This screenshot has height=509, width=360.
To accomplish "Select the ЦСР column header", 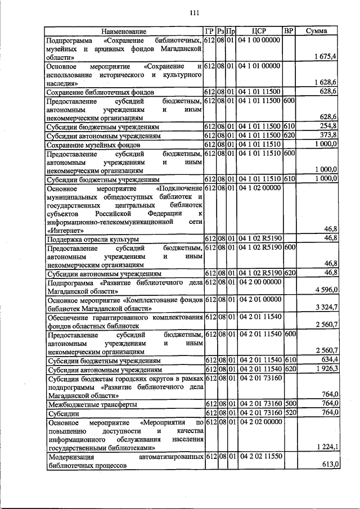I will point(259,31).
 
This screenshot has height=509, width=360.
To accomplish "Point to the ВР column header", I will point(289,31).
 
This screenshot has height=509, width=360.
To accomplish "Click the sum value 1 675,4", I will point(326,57).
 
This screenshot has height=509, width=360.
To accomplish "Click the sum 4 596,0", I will point(326,289).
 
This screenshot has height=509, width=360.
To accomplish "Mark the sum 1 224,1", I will point(326,447).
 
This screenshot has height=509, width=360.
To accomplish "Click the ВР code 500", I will point(289,404).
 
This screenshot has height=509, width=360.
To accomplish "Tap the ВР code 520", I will point(289,413).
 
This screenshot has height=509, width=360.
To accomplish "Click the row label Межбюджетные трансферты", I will point(84,404).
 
